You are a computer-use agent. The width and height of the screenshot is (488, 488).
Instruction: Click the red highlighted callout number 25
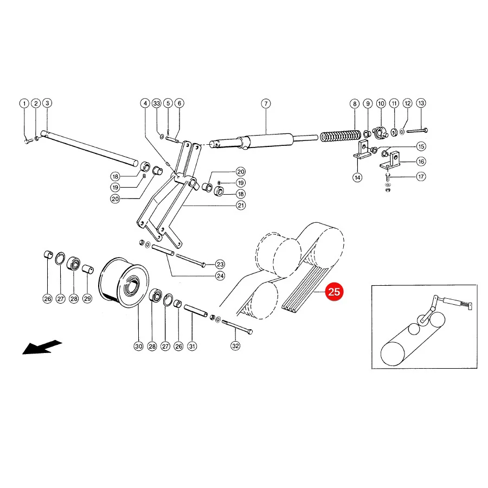point(334,292)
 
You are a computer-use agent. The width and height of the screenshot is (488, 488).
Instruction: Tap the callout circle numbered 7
point(266,104)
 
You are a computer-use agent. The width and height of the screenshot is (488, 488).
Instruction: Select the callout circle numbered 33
point(157,104)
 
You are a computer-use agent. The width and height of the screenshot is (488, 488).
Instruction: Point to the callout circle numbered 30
point(138,346)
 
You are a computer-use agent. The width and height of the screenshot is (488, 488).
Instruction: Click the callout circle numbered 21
point(241,205)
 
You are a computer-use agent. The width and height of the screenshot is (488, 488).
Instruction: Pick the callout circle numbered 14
point(357,177)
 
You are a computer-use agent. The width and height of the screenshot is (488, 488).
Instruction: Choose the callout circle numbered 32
point(236,346)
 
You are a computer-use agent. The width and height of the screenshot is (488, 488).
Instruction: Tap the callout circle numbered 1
point(24,104)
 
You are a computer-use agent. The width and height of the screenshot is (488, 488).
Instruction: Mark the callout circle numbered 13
point(421,103)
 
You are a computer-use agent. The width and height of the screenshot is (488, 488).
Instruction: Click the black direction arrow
point(42,347)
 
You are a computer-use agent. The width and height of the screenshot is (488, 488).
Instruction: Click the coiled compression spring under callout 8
point(341,136)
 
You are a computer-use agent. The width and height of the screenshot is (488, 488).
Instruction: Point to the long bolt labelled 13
point(417,131)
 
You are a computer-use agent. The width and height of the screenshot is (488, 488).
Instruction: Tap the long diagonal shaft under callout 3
point(90,149)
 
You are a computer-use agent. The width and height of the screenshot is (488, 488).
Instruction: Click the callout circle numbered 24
point(220,276)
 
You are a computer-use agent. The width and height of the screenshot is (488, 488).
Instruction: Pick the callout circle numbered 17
point(421,176)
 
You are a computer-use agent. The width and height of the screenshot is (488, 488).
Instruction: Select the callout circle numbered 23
point(220,264)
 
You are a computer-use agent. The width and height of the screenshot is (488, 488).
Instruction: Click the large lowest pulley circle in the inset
point(393,354)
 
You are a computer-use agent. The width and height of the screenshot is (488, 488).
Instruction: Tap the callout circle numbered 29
point(87,298)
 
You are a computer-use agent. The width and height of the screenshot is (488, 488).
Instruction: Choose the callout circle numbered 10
point(381,104)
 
